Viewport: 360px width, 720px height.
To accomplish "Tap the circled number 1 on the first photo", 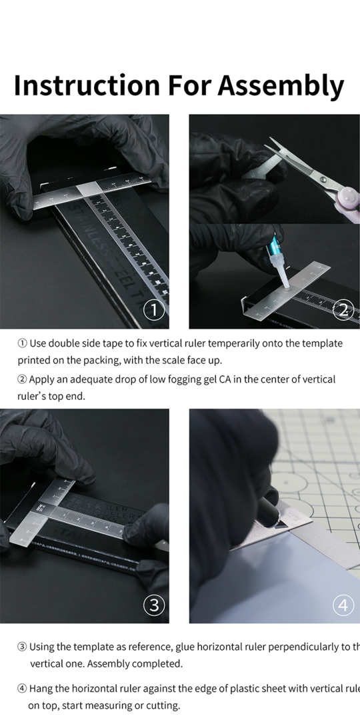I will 154,310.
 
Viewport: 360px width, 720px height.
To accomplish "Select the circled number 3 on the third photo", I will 154,605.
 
